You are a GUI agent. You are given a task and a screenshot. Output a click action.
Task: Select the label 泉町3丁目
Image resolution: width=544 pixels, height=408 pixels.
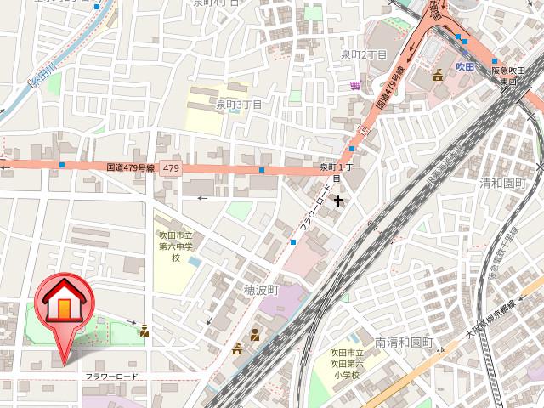coord(238,104)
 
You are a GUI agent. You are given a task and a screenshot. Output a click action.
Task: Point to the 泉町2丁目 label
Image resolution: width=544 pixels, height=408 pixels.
coord(364,55)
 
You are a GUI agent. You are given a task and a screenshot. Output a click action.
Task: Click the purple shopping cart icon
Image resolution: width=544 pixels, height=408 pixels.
coord(354,84)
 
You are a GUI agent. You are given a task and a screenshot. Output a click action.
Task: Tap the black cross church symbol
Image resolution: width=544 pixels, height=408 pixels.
coord(339,201)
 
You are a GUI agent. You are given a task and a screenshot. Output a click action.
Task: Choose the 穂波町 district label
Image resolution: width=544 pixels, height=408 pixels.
coord(262,290)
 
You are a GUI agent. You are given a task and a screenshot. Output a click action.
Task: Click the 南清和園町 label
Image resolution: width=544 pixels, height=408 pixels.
coord(404,343)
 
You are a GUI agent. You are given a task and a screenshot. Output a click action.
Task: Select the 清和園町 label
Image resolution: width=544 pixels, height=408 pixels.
coord(504,182)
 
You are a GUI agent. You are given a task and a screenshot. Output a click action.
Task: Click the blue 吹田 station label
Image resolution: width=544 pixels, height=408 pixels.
coord(463,65)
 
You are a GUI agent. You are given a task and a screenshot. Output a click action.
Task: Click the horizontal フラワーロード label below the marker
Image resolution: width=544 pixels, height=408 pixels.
coord(111,376)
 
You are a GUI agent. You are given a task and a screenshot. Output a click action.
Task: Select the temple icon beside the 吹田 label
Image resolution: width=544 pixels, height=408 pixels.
coord(438,75)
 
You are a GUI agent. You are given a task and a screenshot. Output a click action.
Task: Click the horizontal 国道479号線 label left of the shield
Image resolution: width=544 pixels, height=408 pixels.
coord(130,169)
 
